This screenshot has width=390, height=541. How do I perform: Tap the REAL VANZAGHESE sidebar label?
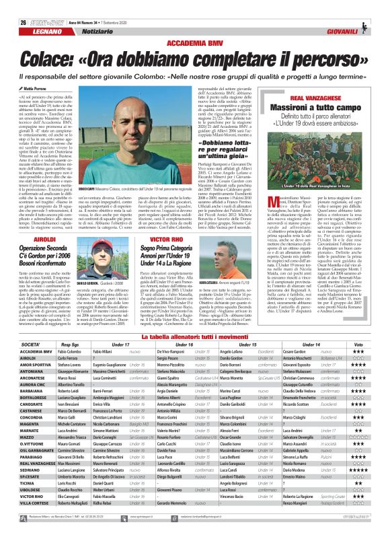(x=308, y=98)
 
